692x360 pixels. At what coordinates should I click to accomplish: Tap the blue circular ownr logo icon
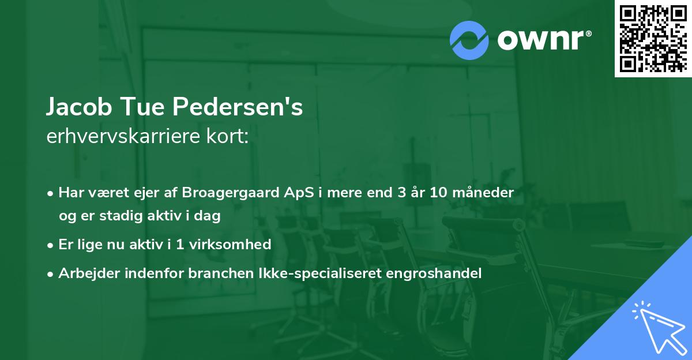coord(469,40)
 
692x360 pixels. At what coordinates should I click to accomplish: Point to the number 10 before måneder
coord(439,193)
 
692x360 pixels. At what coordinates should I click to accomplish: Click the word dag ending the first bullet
coord(209,216)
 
